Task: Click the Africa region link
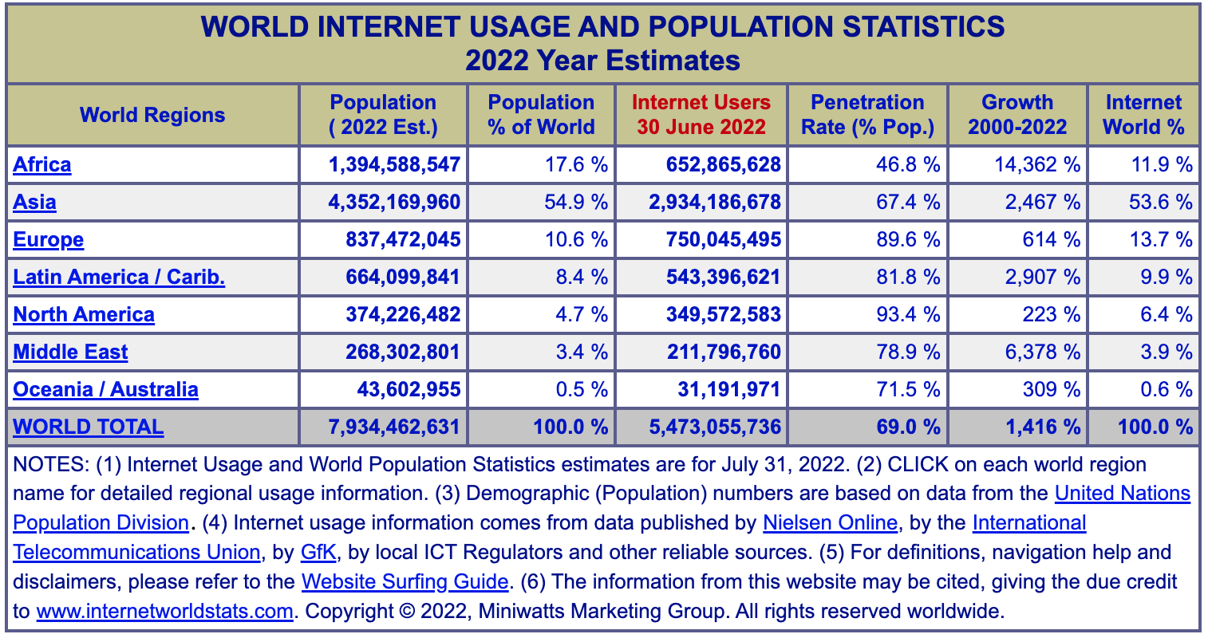42,164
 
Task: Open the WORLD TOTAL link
89,427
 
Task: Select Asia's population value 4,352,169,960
394,202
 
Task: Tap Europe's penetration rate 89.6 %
908,239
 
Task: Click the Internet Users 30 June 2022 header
701,115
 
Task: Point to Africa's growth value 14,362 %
1037,164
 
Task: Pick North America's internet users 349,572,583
723,314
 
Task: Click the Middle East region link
70,352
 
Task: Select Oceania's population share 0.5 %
582,389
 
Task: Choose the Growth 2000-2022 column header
1017,115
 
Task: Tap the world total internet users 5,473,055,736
715,427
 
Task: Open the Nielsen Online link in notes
830,523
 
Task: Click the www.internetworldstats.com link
165,612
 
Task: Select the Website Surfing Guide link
405,582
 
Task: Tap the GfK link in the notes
318,553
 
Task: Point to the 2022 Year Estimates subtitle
603,61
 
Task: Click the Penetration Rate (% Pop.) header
867,115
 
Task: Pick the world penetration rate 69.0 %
908,427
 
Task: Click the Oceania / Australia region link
106,389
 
